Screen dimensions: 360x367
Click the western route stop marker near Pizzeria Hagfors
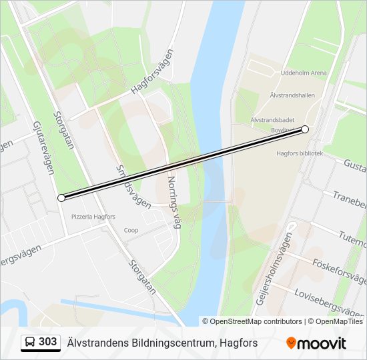pyautogui.click(x=61, y=197)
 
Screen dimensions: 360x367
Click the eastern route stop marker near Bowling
pyautogui.click(x=305, y=129)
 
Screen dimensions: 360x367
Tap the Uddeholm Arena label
pyautogui.click(x=304, y=73)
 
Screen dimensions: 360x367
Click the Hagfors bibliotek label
pyautogui.click(x=300, y=153)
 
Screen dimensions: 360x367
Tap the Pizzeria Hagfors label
pyautogui.click(x=93, y=217)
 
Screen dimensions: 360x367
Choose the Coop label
pyautogui.click(x=131, y=230)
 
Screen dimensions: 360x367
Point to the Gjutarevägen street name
pyautogui.click(x=43, y=147)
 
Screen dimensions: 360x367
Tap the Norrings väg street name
pyautogui.click(x=174, y=202)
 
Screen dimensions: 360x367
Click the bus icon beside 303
pyautogui.click(x=31, y=343)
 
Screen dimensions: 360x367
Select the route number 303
pyautogui.click(x=48, y=342)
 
